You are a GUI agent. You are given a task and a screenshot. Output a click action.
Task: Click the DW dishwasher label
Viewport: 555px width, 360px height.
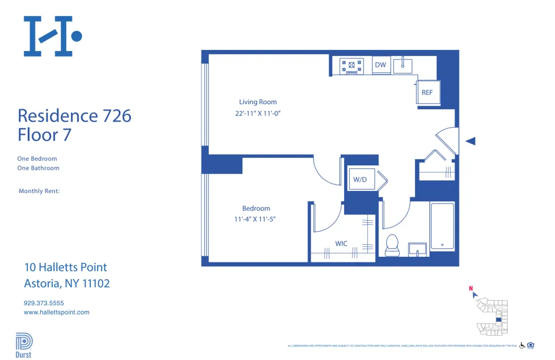coord(380,65)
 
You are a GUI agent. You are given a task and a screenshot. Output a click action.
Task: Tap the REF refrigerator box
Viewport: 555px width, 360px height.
coord(427,93)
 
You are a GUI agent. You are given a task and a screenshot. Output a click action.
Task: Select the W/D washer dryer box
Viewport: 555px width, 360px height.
coord(361,180)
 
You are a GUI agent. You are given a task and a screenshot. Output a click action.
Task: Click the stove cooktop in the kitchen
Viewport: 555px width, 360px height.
coord(351,66)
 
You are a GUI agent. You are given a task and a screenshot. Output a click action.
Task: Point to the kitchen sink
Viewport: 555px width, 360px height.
coord(402,65)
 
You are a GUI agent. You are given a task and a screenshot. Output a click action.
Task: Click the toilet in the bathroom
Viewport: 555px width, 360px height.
coord(392,245)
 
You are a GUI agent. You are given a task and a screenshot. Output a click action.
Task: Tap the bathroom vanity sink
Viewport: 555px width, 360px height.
coord(417,249)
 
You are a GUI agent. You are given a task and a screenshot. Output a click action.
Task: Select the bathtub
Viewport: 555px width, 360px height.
coord(442,226)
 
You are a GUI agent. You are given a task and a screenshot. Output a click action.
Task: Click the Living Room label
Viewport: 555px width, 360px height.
coord(258,102)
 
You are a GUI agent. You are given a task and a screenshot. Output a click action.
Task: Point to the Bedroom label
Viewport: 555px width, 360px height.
coord(256,209)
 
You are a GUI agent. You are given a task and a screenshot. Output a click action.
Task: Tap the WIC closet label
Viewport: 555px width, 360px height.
coord(341,244)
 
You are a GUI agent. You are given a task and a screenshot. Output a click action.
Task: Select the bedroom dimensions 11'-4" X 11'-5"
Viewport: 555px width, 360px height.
coord(255,219)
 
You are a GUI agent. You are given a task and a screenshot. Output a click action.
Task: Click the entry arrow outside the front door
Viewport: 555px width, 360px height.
coord(471,141)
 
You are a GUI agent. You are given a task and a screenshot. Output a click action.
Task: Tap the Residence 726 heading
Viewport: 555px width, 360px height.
coord(74,115)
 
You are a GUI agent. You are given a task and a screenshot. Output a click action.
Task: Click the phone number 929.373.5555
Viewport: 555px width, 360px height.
coord(44,303)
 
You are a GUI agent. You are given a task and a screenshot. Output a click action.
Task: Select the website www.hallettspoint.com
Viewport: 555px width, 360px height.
coord(57,312)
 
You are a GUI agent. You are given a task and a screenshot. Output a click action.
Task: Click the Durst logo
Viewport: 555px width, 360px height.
coord(24,345)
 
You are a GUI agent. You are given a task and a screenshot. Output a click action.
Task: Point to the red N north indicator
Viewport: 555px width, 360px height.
coord(471,288)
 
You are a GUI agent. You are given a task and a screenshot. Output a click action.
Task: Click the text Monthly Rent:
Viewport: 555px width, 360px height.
coord(39,191)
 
